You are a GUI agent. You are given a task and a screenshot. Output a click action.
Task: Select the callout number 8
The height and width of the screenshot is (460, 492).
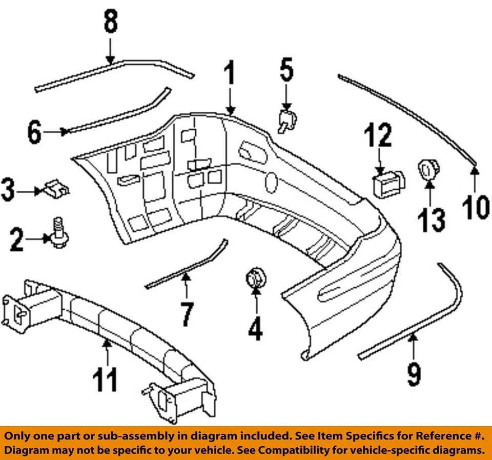click(111, 23)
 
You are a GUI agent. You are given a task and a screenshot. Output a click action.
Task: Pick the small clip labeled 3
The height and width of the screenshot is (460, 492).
click(57, 188)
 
